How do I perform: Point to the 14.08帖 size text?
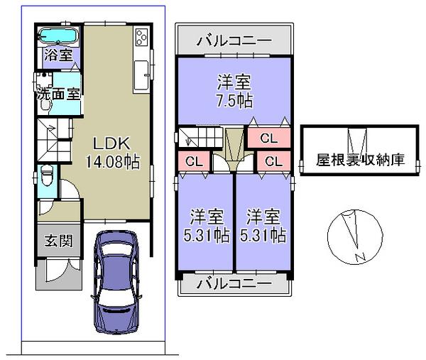pos(111,161)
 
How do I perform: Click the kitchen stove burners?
pos(141,37)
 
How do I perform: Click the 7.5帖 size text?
pos(234,100)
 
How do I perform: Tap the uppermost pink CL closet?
pos(268,138)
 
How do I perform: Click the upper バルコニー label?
pos(234,40)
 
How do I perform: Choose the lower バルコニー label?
pos(234,283)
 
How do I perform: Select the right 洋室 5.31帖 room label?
pos(263,226)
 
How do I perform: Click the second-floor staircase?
pos(200,136)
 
